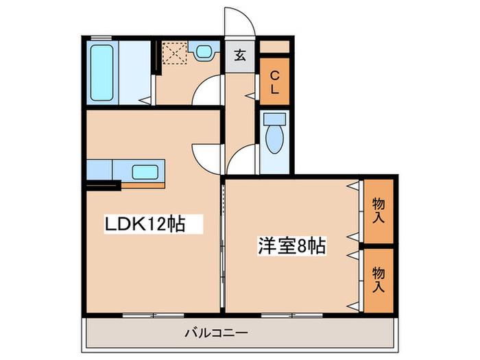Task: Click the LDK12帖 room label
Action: (x=145, y=224)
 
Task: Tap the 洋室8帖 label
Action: (x=291, y=245)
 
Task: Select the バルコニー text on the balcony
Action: (x=216, y=332)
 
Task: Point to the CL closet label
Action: (x=275, y=82)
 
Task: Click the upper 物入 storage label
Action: (x=379, y=211)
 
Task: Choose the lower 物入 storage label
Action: (x=379, y=280)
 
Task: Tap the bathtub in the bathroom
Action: (x=101, y=73)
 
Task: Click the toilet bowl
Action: (x=274, y=139)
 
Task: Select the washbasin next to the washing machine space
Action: (x=204, y=51)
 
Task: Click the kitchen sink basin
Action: (x=145, y=172)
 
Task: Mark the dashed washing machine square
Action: (x=174, y=53)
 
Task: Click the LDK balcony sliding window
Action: (x=154, y=315)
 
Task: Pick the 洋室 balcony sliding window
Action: (x=291, y=315)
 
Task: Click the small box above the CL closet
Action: (x=274, y=47)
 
